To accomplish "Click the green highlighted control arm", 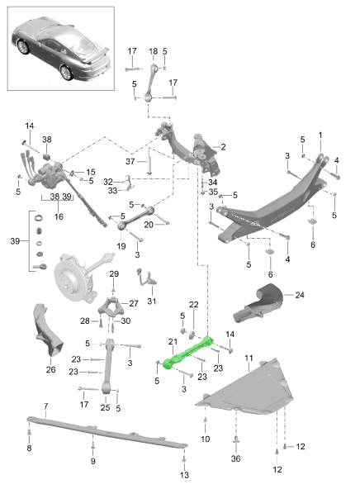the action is click(187, 353).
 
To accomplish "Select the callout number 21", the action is click(173, 342).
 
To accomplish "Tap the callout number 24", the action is click(300, 295).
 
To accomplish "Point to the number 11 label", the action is click(249, 358).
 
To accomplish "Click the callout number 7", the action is click(45, 406).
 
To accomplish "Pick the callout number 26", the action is click(51, 369).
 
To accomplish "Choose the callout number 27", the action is click(134, 303).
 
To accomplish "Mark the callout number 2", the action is click(223, 147).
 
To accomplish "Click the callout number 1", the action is click(320, 135).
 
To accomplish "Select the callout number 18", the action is click(153, 51).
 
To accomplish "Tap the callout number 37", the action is click(130, 161).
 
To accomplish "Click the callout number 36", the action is click(235, 458).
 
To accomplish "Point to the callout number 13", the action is click(184, 475).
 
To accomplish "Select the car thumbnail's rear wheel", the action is click(66, 73).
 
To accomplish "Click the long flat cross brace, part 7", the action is click(107, 432).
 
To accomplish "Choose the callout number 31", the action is click(151, 301).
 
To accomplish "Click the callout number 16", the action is click(59, 216).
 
